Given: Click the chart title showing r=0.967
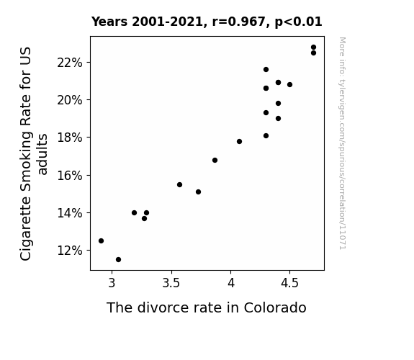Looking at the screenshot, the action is [207, 22].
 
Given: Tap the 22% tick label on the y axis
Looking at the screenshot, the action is [70, 63].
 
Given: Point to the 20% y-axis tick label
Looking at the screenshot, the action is [70, 100].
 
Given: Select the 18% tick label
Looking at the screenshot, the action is [70, 138].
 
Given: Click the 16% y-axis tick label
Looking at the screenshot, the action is [70, 176].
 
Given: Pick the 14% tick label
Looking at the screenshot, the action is [70, 213].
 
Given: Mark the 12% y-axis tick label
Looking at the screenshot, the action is [70, 251].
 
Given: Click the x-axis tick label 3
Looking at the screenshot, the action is [112, 283].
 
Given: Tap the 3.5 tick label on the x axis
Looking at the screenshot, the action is [171, 283].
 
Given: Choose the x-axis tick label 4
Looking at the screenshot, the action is [231, 283].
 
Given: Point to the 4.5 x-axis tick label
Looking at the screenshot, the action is [289, 283].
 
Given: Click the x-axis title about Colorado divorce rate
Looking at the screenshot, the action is [207, 307].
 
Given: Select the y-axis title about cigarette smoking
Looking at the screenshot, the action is [34, 153].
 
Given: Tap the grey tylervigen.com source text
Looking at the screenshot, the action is [343, 143].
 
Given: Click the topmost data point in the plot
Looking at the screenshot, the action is [313, 48].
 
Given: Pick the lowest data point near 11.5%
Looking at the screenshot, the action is [118, 260].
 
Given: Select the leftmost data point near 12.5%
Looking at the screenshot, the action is [101, 241].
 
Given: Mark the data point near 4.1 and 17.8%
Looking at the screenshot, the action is [239, 142].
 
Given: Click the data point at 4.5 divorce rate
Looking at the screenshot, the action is [289, 85].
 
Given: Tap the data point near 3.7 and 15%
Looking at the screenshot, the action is [198, 192].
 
